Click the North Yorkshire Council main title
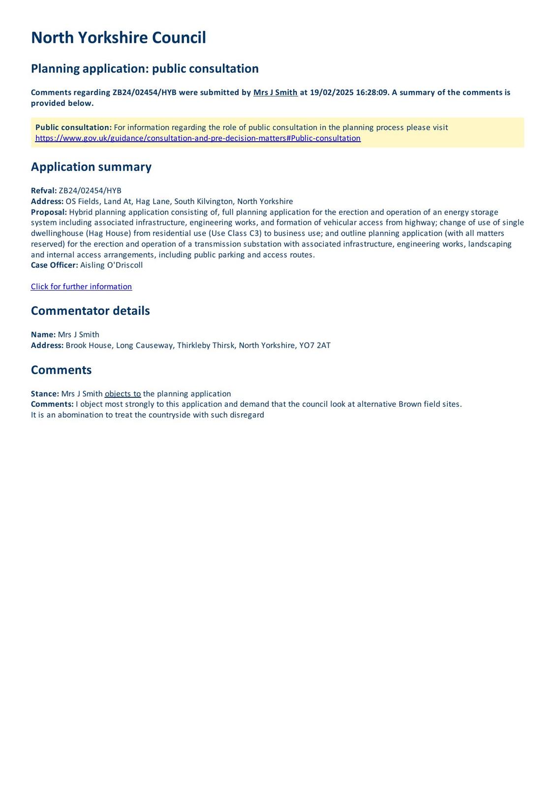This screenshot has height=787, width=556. [x=118, y=37]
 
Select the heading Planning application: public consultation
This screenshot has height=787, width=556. [x=145, y=68]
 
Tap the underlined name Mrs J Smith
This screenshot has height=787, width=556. [x=275, y=92]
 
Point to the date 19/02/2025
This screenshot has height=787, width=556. [x=331, y=92]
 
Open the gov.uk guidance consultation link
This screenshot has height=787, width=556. [x=198, y=138]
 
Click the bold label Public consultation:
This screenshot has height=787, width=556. [x=73, y=127]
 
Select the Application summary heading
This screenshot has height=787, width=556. [x=91, y=167]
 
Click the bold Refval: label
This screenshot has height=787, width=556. [x=44, y=191]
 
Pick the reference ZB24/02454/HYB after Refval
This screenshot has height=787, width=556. [x=90, y=191]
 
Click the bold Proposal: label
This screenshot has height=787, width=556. [x=49, y=212]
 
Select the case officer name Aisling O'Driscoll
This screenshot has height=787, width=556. [x=111, y=265]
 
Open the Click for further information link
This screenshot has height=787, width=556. [x=81, y=287]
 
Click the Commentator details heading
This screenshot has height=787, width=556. [x=90, y=311]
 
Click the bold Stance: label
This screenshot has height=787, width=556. [x=45, y=393]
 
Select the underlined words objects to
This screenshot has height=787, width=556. [x=123, y=393]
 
